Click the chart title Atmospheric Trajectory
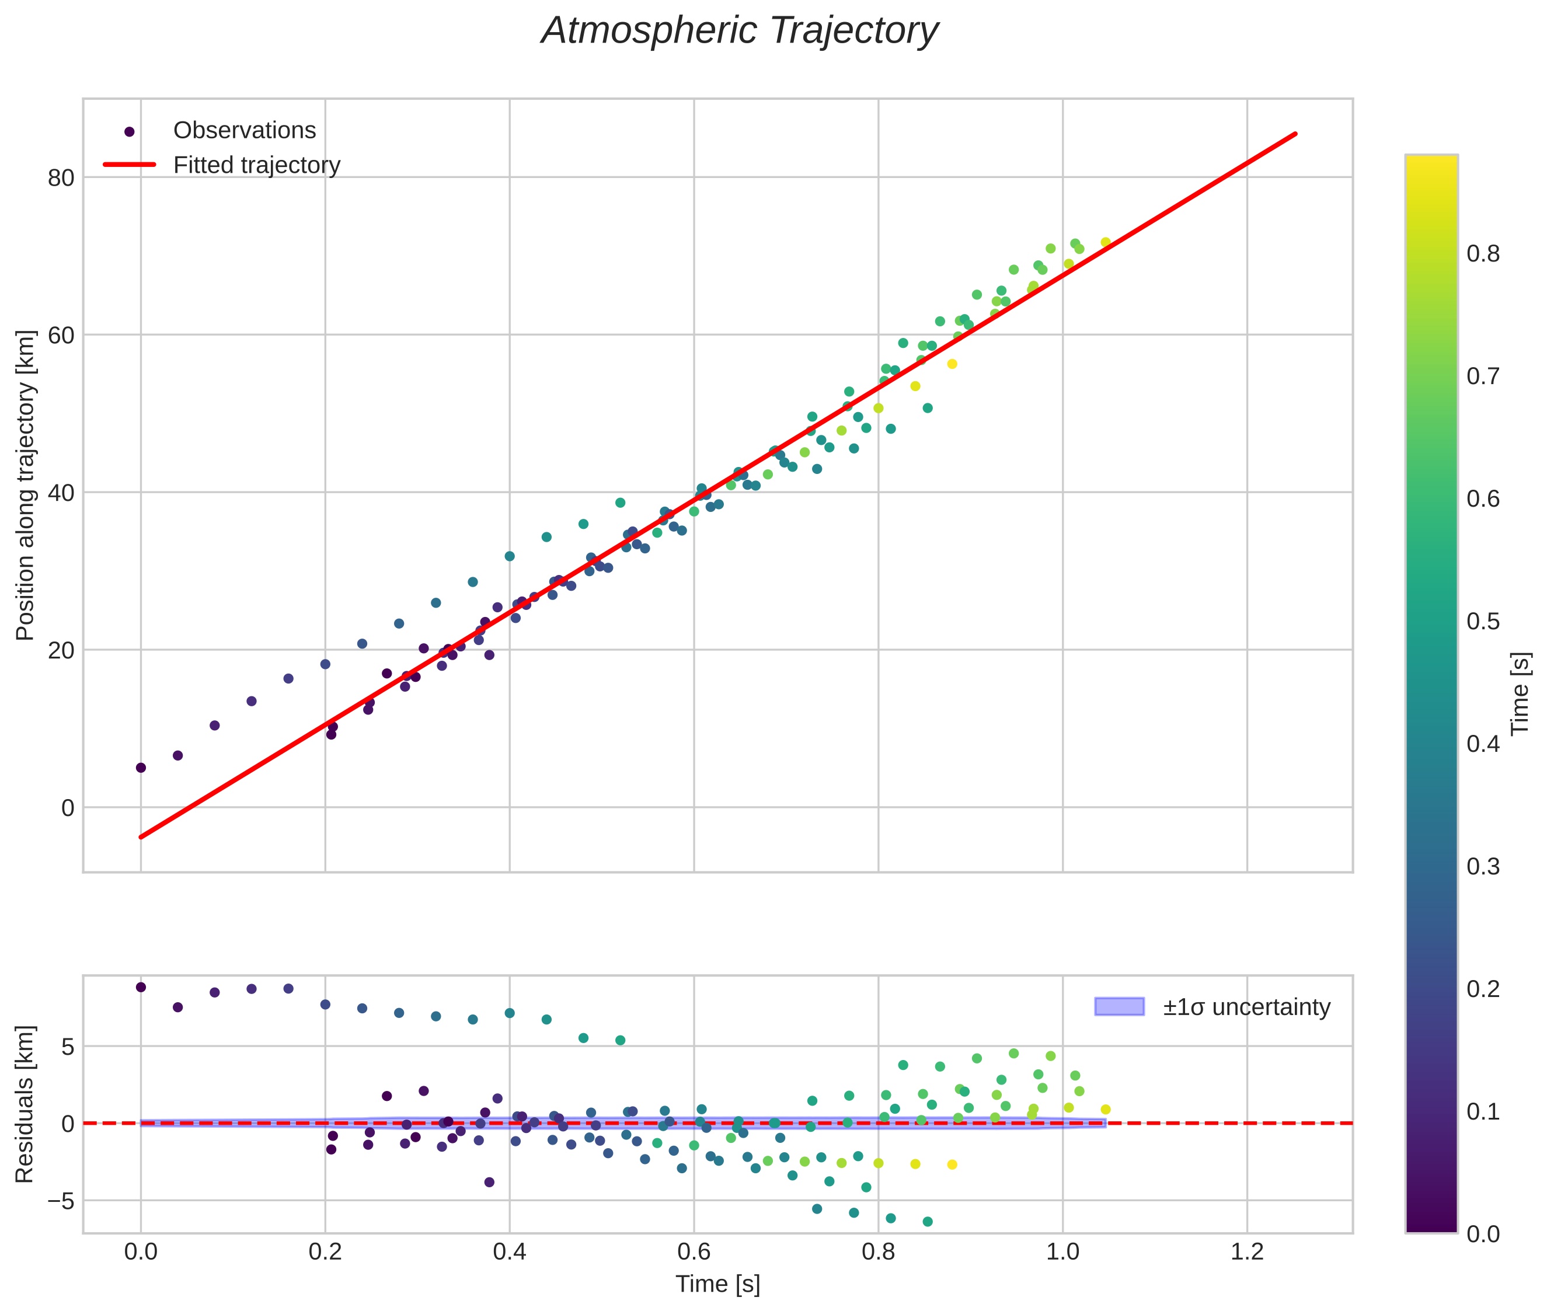(x=740, y=31)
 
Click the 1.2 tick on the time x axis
(x=1247, y=1252)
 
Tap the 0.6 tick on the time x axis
(x=694, y=1252)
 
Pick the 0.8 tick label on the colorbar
(x=1483, y=254)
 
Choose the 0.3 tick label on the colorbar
(x=1483, y=867)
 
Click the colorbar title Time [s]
(x=1520, y=693)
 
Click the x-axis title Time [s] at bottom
(x=717, y=1284)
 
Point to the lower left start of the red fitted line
(x=141, y=837)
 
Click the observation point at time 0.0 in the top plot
(x=141, y=768)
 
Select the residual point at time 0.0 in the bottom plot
(x=141, y=987)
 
